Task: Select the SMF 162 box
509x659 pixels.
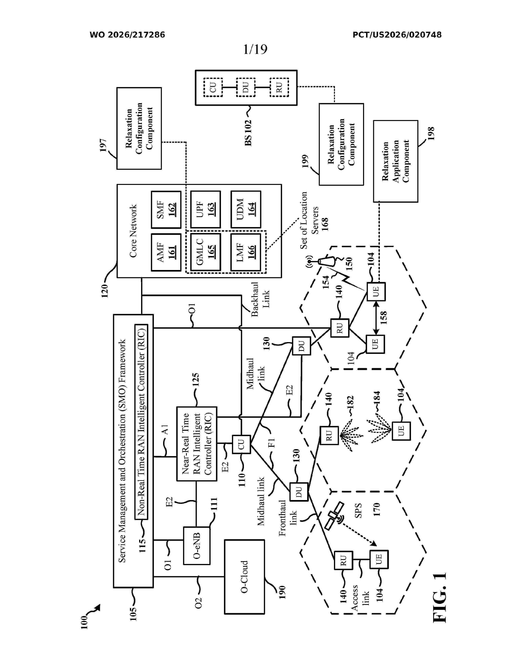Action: [x=166, y=210]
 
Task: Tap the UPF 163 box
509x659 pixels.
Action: [x=206, y=209]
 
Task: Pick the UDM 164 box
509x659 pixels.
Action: [x=246, y=209]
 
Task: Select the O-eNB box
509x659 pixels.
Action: [x=197, y=546]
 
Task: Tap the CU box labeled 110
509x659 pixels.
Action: [x=241, y=444]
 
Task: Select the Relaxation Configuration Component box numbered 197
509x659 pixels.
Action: [x=139, y=129]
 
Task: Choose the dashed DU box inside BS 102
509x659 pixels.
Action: [x=246, y=87]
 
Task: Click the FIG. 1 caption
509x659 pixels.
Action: [x=439, y=597]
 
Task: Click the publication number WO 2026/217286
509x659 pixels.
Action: [x=127, y=35]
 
